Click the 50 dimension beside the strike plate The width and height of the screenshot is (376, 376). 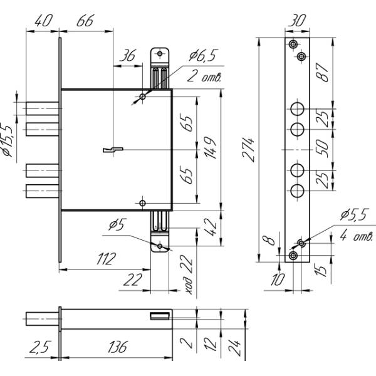pyautogui.click(x=323, y=150)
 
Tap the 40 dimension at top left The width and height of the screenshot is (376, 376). pyautogui.click(x=42, y=20)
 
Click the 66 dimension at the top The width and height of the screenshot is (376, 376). pyautogui.click(x=85, y=20)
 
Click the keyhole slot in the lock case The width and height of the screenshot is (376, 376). pyautogui.click(x=112, y=150)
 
